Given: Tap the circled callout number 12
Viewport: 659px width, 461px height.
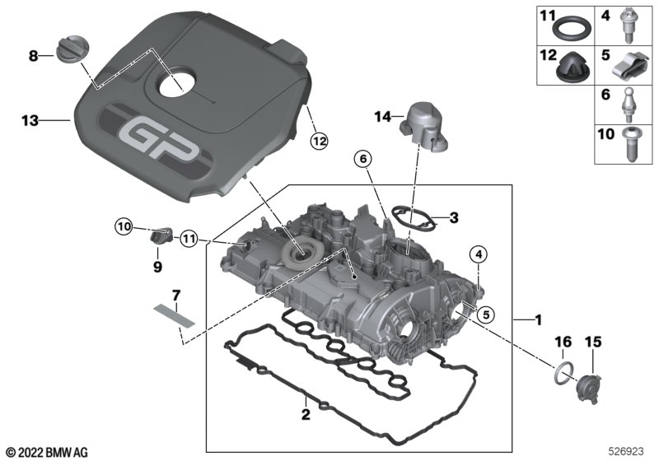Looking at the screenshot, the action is pos(319,142).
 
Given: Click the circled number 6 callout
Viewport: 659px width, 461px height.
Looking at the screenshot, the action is pos(363,159).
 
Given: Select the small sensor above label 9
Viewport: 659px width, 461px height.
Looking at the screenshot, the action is pos(161,235).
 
